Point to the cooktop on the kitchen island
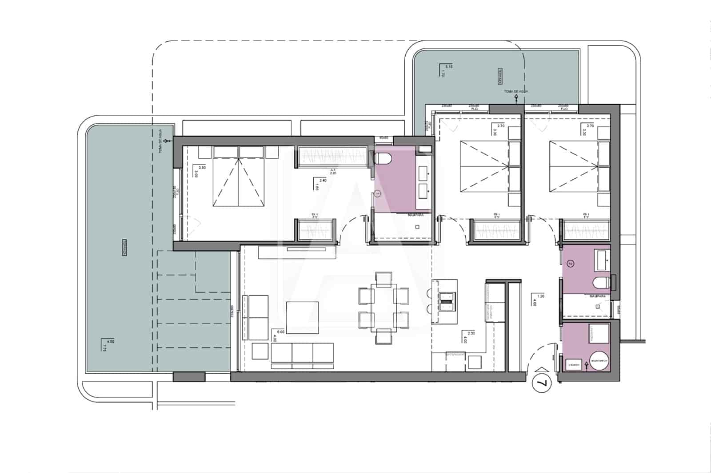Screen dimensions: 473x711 point(446,301)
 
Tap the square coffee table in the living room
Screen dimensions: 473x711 point(302,317)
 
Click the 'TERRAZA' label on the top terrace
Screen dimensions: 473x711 point(500,76)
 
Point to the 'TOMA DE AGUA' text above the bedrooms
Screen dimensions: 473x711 point(515,91)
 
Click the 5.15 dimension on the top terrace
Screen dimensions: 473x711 point(449,67)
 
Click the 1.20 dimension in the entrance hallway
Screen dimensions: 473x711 point(541,296)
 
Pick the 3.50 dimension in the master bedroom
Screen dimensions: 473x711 point(202,168)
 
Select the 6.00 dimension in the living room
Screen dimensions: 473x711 point(280,331)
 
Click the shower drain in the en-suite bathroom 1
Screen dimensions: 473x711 point(417,227)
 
